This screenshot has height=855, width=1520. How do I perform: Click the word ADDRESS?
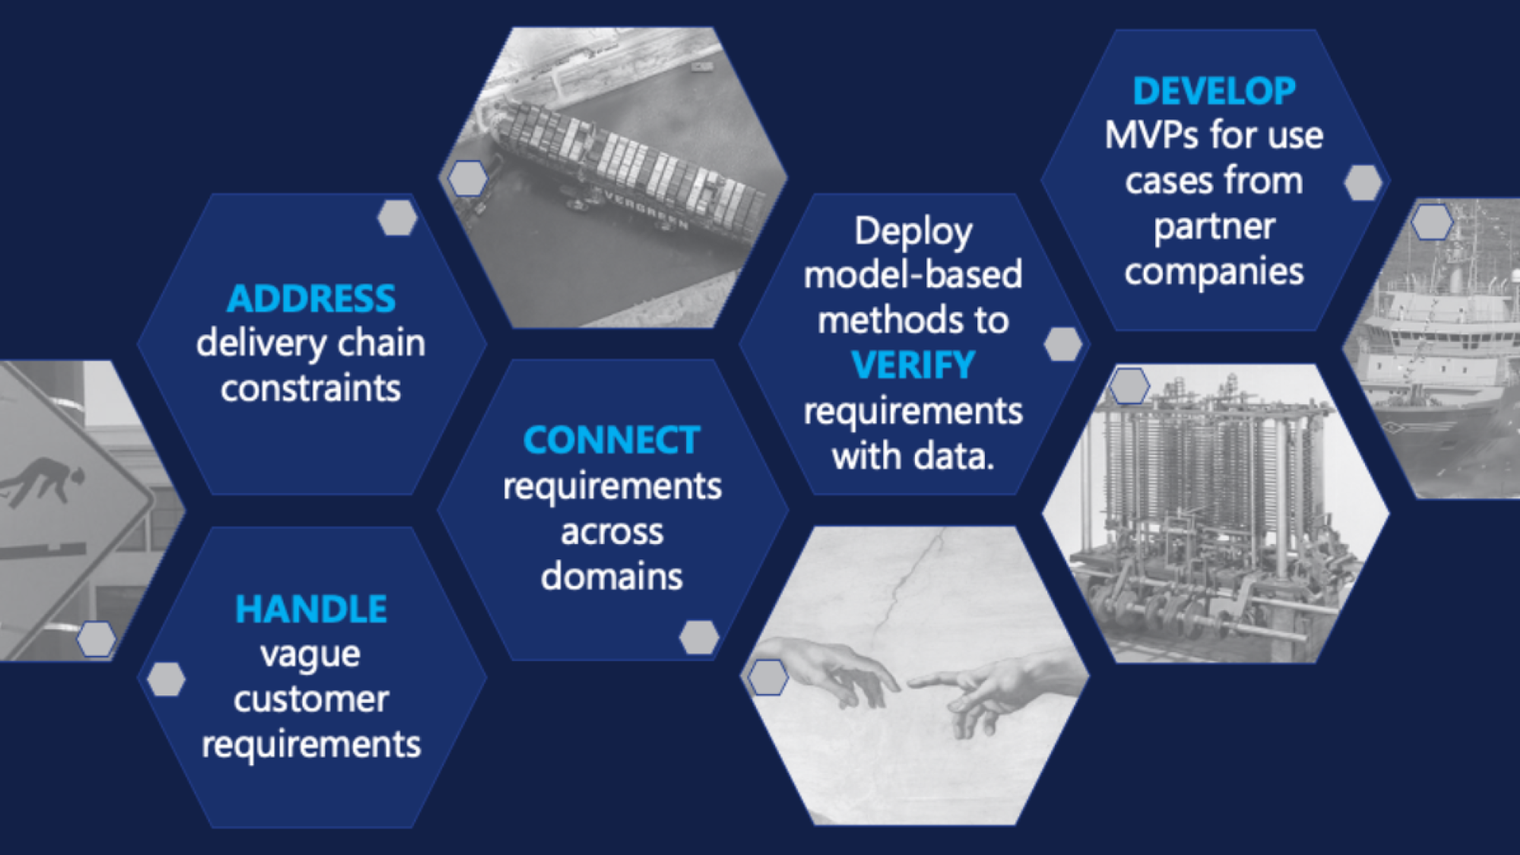[x=311, y=299]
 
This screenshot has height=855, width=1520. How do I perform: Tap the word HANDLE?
[x=311, y=610]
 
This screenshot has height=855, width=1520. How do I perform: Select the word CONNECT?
[x=612, y=441]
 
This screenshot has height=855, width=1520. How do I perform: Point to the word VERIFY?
[x=913, y=366]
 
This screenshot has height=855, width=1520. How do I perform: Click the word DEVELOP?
[x=1214, y=92]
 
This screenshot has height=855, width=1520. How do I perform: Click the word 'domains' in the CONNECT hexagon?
[x=612, y=576]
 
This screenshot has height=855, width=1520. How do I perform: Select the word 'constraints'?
[x=311, y=389]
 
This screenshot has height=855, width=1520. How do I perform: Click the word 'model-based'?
[x=913, y=275]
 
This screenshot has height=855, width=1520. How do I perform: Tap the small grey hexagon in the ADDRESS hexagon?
[x=397, y=218]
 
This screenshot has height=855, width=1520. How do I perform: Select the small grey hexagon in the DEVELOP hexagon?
[x=1363, y=183]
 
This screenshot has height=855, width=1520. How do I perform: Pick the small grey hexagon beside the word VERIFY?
[x=1063, y=344]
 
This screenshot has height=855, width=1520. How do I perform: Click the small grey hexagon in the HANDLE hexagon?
[x=166, y=679]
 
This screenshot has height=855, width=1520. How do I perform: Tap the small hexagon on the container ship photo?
[x=467, y=179]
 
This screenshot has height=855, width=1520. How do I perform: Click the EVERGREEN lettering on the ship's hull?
[x=646, y=210]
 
